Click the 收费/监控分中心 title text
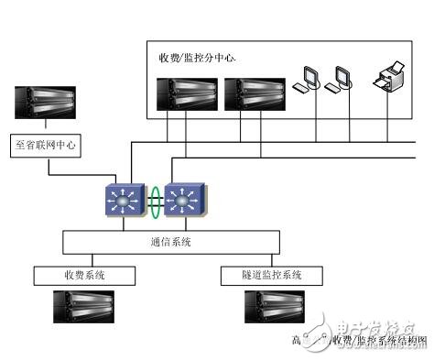coord(197,59)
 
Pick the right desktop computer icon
coord(344,78)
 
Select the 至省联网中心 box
coord(47,145)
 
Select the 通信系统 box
coord(170,242)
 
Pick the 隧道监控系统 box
coord(271,275)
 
